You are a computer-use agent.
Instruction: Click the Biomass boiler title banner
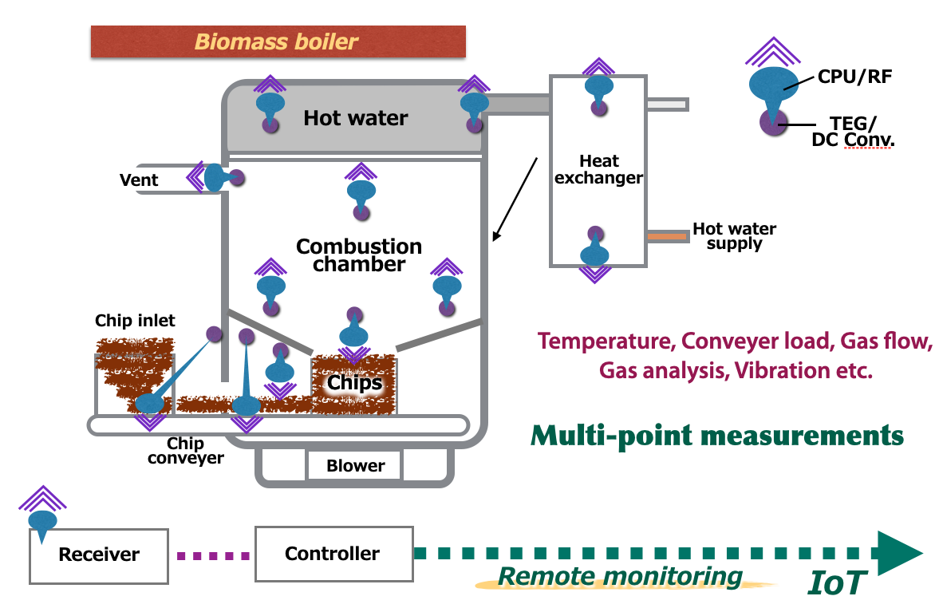(278, 41)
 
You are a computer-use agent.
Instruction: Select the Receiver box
(99, 555)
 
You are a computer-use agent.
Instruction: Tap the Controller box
(333, 553)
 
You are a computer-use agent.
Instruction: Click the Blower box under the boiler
(355, 465)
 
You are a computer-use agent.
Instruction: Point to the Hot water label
(356, 119)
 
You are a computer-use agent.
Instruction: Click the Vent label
(139, 180)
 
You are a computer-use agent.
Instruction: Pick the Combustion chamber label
(359, 255)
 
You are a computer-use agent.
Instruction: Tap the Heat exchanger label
(598, 170)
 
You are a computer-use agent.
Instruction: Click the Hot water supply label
(734, 236)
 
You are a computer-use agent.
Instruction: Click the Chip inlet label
(135, 321)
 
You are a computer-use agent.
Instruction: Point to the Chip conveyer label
(186, 451)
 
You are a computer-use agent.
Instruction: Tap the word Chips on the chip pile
(355, 383)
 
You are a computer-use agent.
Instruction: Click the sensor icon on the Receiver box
(42, 519)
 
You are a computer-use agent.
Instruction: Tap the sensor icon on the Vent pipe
(215, 177)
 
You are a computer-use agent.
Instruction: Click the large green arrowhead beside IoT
(898, 553)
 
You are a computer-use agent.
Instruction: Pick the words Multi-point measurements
(717, 436)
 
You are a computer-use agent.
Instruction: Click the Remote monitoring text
(620, 576)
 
